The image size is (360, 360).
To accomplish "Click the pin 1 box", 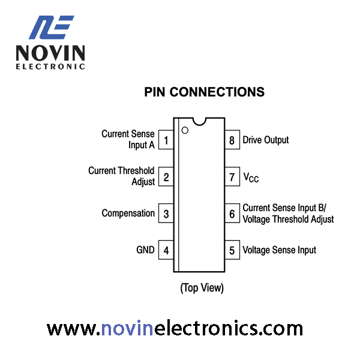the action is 166,140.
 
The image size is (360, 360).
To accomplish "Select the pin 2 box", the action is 166,176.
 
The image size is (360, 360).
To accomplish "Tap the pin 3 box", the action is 166,213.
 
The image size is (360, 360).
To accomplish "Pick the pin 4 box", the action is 166,250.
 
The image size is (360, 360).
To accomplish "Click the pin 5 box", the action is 232,250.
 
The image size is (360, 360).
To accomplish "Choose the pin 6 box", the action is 232,213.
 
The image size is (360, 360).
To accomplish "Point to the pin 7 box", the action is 232,176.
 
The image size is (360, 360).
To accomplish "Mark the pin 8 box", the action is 232,140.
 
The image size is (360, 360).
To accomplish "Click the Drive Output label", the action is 266,140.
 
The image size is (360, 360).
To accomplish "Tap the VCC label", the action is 251,178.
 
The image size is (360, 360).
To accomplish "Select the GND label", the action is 145,250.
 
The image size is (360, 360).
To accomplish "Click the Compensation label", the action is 128,213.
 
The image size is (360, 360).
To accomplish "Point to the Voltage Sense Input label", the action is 279,250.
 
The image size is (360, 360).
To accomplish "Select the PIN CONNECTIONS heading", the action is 205,92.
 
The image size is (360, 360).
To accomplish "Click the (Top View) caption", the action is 202,288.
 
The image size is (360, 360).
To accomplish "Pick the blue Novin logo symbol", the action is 51,28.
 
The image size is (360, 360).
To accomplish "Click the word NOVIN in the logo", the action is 50,53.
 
